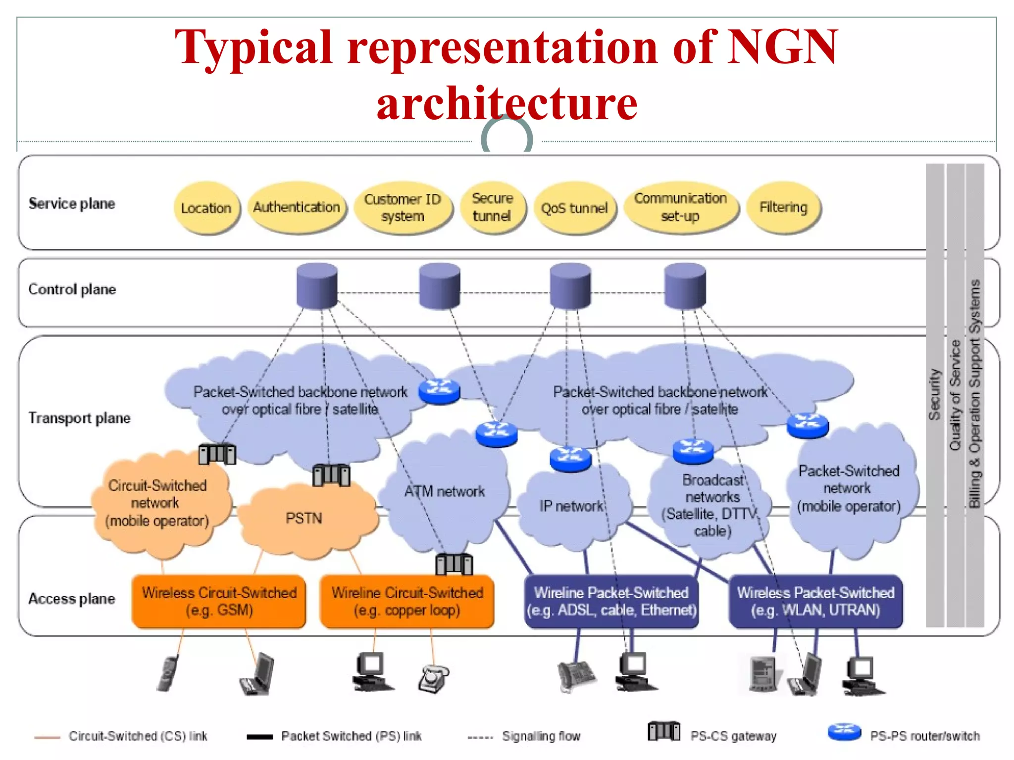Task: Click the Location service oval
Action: point(206,208)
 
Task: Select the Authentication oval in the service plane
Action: point(297,207)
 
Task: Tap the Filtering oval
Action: point(783,207)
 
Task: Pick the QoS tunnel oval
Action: point(574,208)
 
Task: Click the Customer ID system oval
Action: point(403,207)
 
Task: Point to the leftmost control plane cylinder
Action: point(317,286)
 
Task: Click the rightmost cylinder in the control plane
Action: point(685,286)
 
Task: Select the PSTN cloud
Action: point(304,518)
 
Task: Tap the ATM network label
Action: point(444,491)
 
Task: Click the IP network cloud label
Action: point(571,506)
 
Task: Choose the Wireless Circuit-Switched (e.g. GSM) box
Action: point(219,601)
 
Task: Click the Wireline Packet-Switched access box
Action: point(611,601)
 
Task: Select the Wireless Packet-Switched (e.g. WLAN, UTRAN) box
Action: point(815,601)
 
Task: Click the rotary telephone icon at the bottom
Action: point(433,679)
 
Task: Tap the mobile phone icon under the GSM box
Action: point(168,674)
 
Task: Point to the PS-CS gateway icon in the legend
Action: point(663,731)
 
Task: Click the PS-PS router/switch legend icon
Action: point(844,732)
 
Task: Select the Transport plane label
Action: point(79,418)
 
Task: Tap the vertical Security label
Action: point(934,395)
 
